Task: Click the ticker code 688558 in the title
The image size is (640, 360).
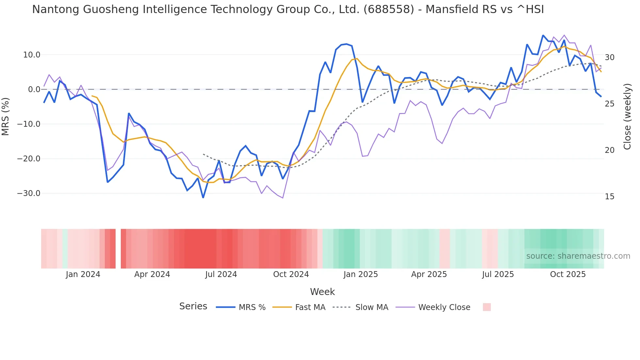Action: [x=389, y=9]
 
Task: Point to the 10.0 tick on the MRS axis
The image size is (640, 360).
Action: [x=32, y=55]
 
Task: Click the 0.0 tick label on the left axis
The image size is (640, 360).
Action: [x=34, y=90]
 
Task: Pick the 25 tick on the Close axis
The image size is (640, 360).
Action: [x=609, y=104]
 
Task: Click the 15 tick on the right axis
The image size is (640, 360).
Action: [x=609, y=197]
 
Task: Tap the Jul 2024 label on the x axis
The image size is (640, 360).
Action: [x=221, y=274]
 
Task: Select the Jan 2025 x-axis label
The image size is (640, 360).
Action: [x=360, y=274]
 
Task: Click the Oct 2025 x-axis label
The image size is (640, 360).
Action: [x=568, y=274]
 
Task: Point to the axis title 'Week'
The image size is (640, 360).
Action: [x=322, y=292]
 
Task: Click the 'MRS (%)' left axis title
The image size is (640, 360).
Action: [x=6, y=116]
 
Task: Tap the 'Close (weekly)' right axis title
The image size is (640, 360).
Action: [x=627, y=116]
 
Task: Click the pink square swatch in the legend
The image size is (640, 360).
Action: [x=487, y=307]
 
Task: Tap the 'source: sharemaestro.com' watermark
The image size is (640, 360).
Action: [x=578, y=256]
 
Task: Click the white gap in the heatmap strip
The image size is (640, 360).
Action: [x=118, y=249]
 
